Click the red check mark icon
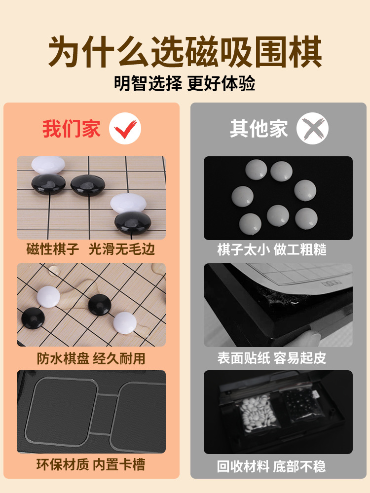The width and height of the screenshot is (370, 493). click(x=125, y=129)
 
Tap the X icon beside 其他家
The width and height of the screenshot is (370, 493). click(x=312, y=128)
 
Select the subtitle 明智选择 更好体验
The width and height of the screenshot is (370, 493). click(x=185, y=83)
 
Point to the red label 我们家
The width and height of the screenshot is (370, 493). click(x=72, y=129)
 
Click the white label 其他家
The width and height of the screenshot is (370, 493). click(x=259, y=128)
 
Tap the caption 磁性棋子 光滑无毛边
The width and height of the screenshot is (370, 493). click(x=91, y=249)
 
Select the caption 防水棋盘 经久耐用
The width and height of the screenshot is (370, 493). click(x=91, y=358)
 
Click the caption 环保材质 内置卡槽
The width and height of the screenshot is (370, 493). click(x=91, y=464)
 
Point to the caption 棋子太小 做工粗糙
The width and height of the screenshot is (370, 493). click(x=272, y=249)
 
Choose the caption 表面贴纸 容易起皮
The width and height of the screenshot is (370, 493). click(x=272, y=358)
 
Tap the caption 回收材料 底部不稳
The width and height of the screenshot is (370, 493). click(x=271, y=466)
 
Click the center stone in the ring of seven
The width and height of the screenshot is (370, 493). click(x=278, y=216)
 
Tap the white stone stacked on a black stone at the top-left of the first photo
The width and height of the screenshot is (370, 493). click(x=48, y=165)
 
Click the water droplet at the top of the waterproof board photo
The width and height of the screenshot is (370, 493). click(x=54, y=270)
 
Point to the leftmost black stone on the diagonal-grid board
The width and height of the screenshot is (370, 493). click(x=33, y=318)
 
